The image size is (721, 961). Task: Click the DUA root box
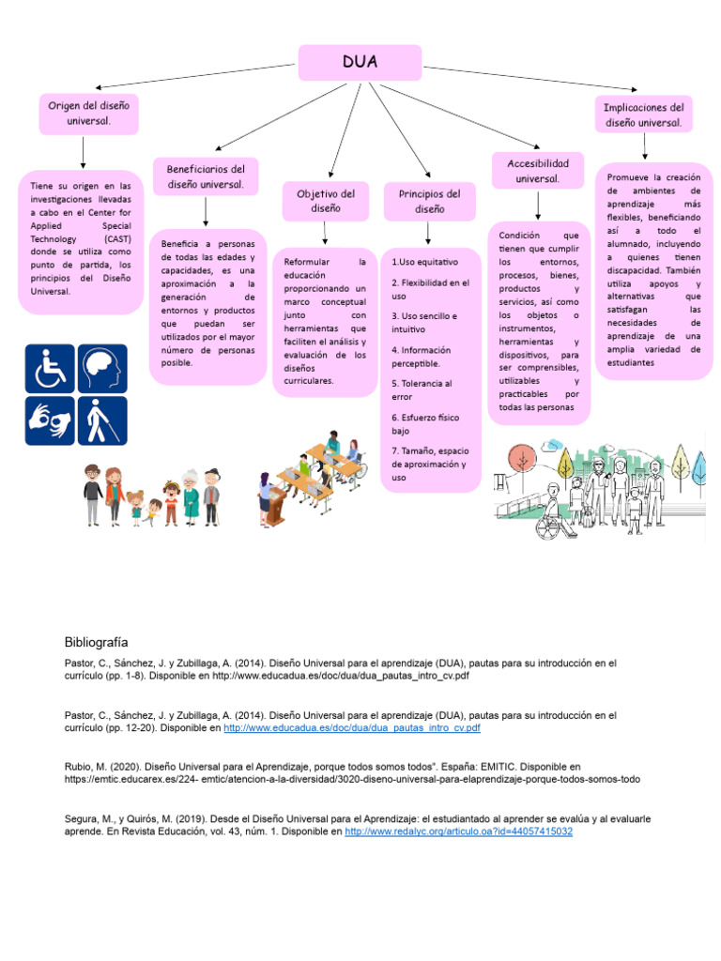click(x=360, y=62)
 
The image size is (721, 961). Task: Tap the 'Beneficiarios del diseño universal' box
click(x=206, y=176)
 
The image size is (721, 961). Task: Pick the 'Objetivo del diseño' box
click(x=319, y=201)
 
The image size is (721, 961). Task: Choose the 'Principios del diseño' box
click(x=429, y=201)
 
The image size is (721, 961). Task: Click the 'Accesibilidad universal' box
click(x=537, y=171)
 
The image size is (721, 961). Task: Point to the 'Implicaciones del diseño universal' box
click(x=644, y=114)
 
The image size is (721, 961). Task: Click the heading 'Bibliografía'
click(x=96, y=643)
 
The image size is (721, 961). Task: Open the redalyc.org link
click(x=458, y=831)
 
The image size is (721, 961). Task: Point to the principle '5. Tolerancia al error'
click(x=422, y=389)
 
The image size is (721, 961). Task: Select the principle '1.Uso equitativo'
click(x=424, y=261)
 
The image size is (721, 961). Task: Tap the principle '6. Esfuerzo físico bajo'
click(x=422, y=423)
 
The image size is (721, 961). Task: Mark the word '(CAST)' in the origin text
click(x=117, y=239)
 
